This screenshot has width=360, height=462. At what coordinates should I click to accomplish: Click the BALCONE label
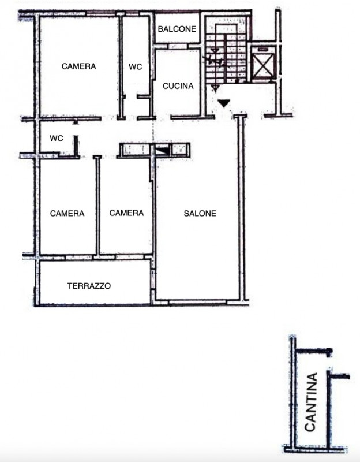177,29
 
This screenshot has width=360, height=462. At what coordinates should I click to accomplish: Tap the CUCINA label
178,86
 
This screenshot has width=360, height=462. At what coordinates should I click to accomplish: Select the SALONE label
200,213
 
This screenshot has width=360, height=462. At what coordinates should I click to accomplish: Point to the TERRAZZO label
89,286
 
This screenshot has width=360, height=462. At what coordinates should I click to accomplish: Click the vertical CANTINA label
311,402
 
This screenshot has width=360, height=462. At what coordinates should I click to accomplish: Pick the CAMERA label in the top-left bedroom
79,66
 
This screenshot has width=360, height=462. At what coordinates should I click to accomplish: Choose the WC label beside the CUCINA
136,67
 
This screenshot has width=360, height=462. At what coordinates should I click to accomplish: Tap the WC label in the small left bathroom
57,138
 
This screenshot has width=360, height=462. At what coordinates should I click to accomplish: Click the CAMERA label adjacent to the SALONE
126,213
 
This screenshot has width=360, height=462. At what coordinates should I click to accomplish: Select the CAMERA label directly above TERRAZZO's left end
67,213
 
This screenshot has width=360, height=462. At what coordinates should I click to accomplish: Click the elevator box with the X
263,65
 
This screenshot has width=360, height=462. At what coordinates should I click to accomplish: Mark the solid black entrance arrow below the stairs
224,103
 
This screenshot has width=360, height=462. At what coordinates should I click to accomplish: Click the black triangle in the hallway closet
163,151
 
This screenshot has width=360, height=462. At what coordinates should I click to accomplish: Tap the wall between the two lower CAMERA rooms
97,205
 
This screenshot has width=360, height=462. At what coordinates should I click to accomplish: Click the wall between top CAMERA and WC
121,66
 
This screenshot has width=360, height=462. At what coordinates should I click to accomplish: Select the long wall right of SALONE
242,207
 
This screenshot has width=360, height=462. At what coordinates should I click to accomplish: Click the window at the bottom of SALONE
198,301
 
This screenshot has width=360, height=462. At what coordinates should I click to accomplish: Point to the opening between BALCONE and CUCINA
178,47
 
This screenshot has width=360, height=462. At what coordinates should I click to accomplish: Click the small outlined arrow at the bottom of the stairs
215,88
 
